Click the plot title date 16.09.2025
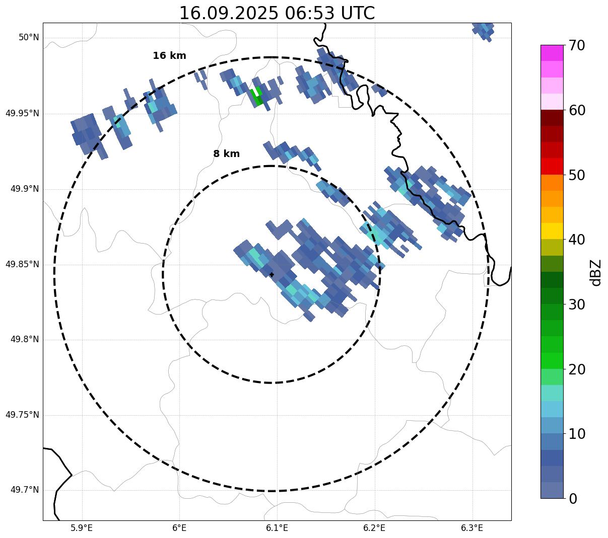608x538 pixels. (x=228, y=13)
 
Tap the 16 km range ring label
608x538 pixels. (x=169, y=56)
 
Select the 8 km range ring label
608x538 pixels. (x=226, y=154)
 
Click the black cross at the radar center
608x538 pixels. (x=272, y=274)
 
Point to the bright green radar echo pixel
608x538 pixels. (x=257, y=96)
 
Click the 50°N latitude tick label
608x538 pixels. (x=29, y=38)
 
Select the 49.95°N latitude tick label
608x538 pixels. (x=22, y=113)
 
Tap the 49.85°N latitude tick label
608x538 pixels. (x=22, y=264)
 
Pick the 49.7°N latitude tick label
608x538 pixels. (x=25, y=490)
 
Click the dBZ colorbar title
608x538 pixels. (x=596, y=272)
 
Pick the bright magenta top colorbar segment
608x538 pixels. (x=552, y=53)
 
